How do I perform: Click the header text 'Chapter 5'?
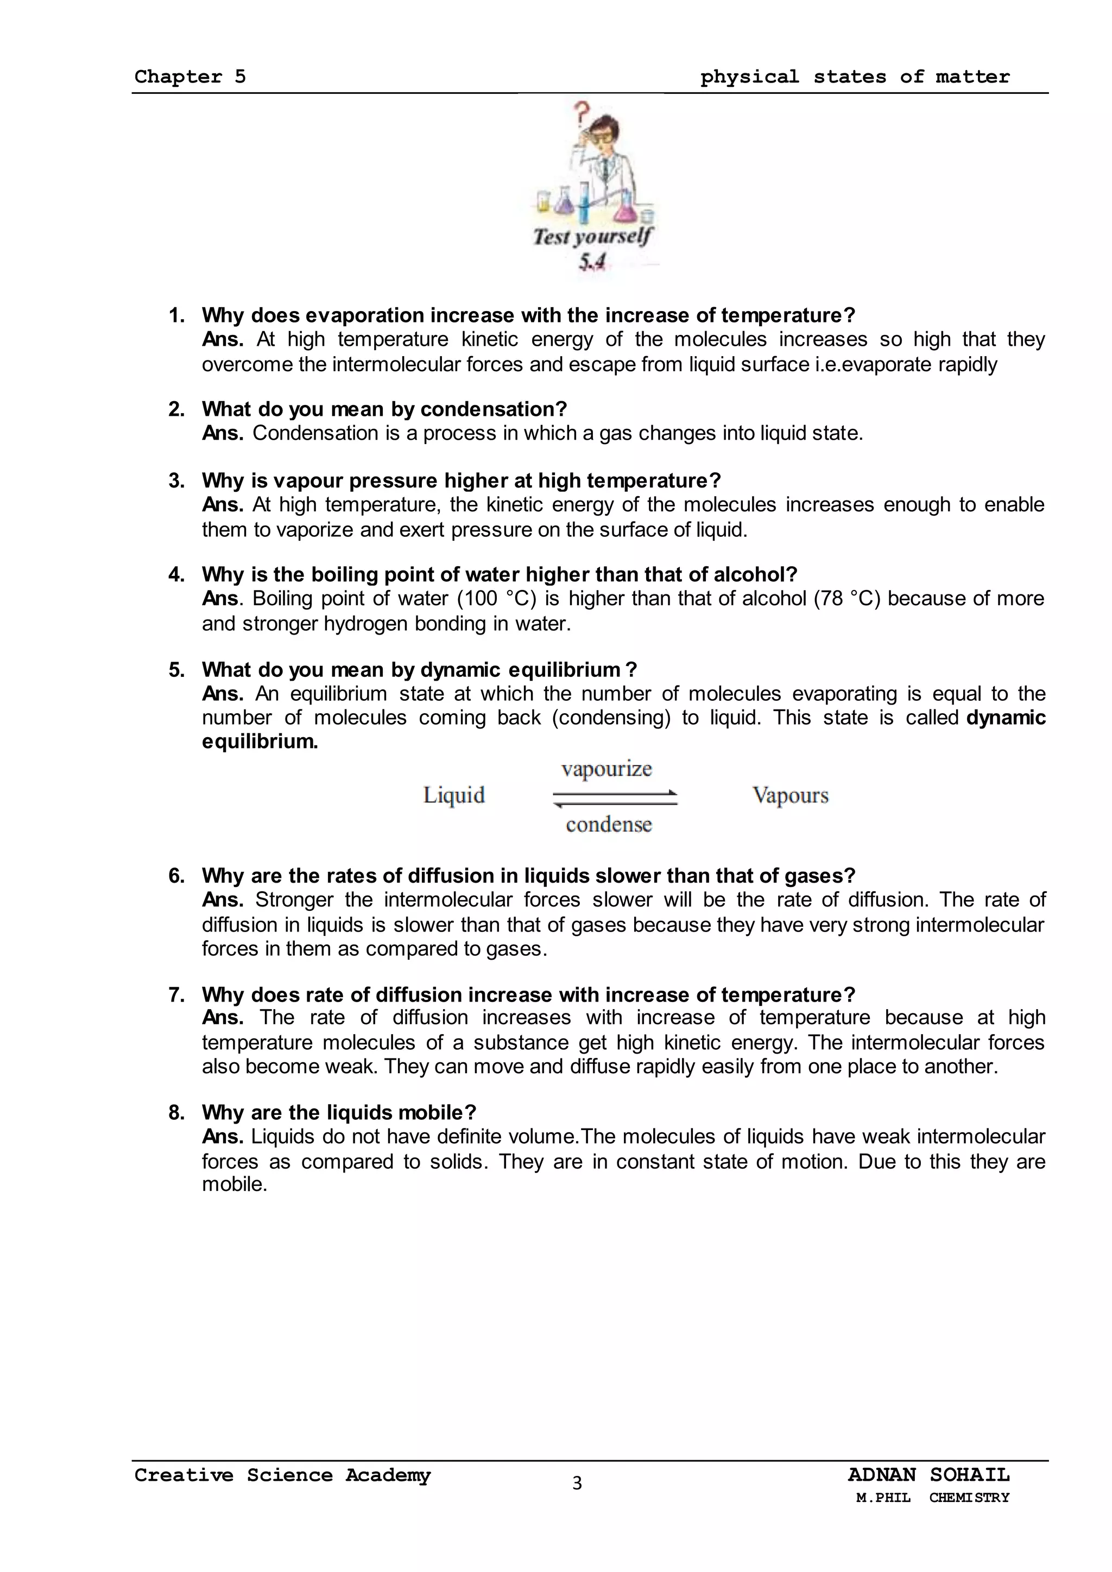coord(189,77)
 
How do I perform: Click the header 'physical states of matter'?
coord(855,77)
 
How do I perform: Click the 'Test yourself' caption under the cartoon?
coord(592,237)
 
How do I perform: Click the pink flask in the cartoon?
coord(624,208)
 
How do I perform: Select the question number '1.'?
coord(176,315)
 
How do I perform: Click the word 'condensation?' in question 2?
coord(494,409)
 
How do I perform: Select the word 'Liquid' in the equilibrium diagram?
coord(454,796)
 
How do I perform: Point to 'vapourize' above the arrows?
coord(606,769)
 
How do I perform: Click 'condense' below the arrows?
coord(609,825)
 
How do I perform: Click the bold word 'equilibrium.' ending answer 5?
coord(260,742)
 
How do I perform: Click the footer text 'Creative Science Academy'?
coord(282,1475)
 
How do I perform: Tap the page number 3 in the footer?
coord(577,1484)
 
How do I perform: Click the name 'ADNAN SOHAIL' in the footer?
coord(928,1475)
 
